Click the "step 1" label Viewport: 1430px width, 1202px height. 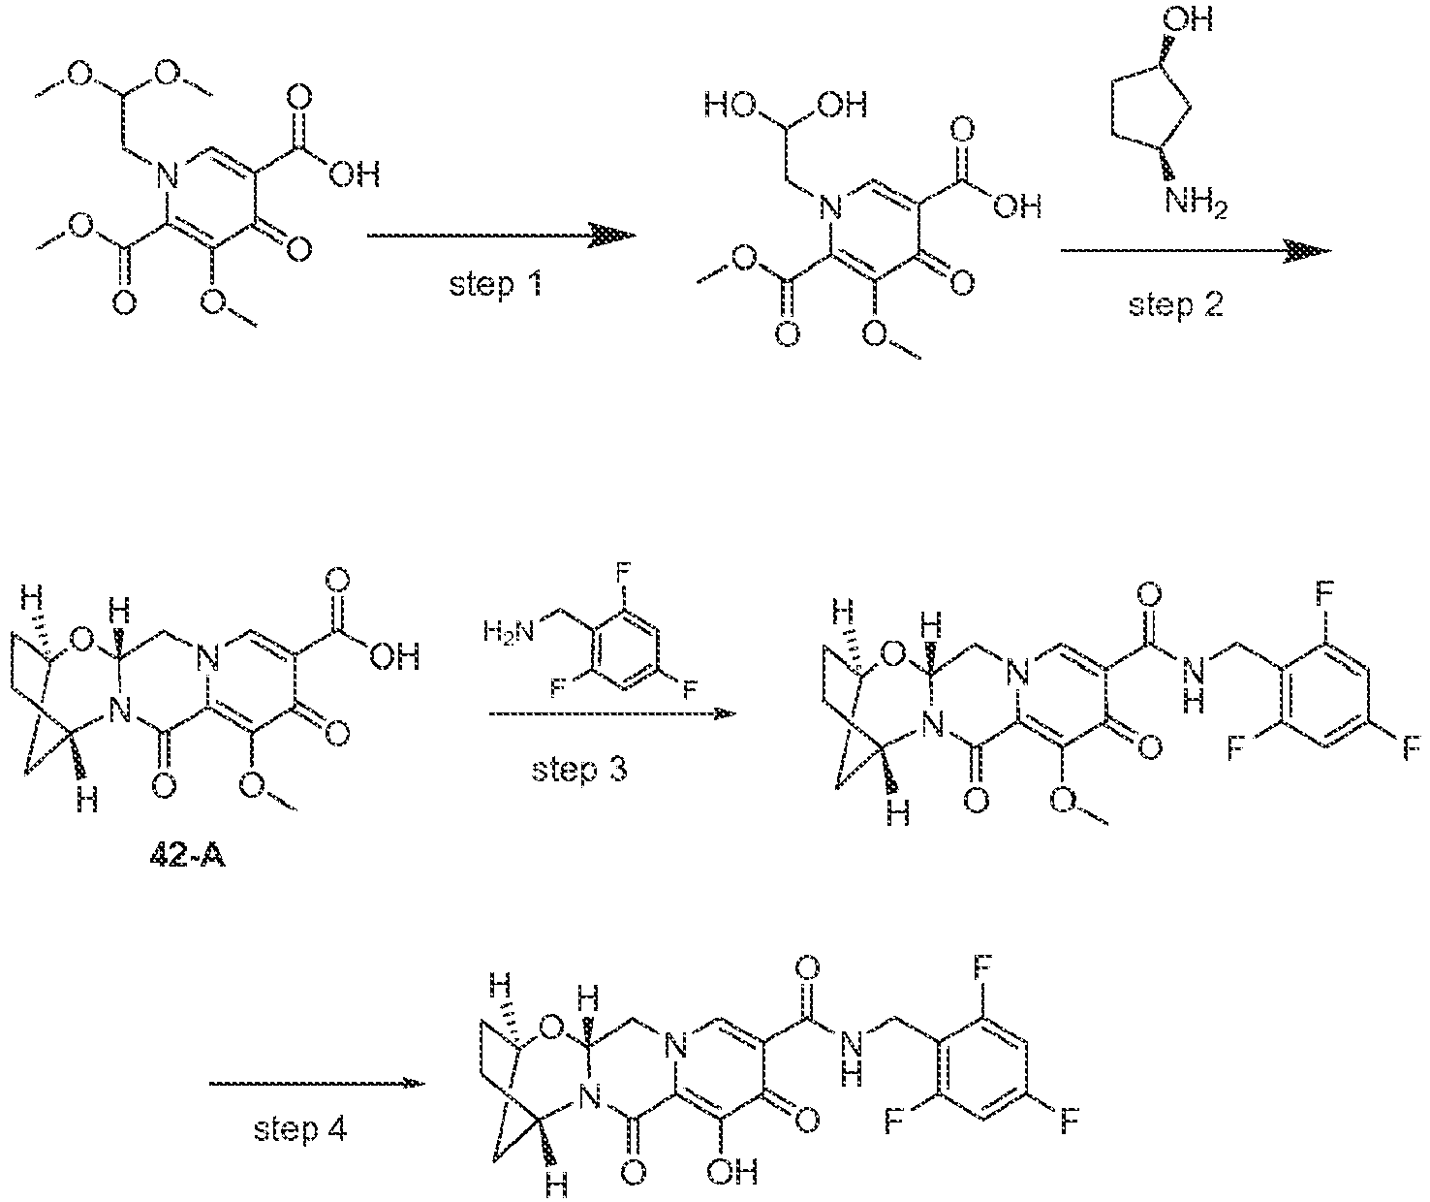pos(496,284)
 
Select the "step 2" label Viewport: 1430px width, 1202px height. pos(1175,304)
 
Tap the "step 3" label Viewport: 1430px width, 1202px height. pos(579,770)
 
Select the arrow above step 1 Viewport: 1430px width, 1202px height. pos(502,236)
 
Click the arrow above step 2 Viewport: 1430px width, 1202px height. pos(1196,251)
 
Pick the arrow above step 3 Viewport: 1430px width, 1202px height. pos(612,714)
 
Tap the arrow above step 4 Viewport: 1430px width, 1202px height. pos(318,1083)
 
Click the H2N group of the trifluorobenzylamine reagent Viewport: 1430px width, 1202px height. pos(508,630)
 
